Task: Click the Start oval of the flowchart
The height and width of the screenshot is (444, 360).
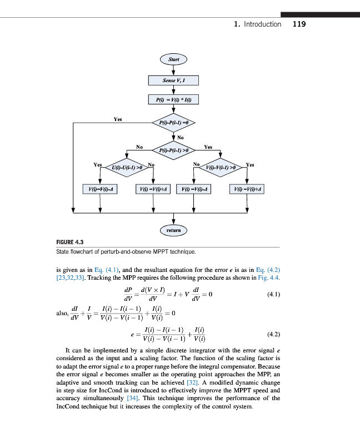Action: (173, 59)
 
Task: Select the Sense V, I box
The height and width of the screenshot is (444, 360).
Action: (173, 80)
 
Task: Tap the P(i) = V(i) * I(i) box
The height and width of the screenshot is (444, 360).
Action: (173, 100)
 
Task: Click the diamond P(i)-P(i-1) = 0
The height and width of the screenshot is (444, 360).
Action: (173, 122)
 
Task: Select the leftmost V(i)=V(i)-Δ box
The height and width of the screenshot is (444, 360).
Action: (100, 189)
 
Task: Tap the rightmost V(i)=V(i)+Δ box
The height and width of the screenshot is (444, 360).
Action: (248, 189)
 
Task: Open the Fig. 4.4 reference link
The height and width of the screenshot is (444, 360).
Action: (269, 277)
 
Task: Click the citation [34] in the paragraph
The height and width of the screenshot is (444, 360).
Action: (132, 398)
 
